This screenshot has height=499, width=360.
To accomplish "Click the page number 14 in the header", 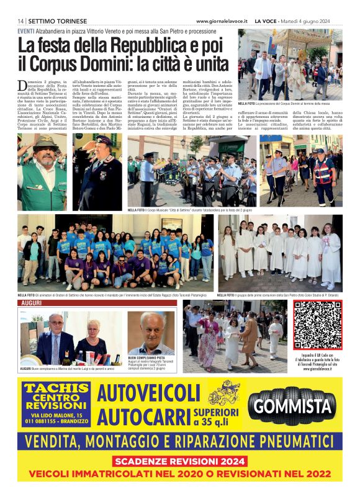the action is point(20,21).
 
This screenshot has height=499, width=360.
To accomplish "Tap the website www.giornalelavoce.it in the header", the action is point(221,21).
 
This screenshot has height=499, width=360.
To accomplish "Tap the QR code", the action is point(317,325).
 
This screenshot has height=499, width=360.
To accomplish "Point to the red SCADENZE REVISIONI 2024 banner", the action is point(180,462).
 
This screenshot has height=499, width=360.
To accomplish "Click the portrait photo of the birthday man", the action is point(151,333).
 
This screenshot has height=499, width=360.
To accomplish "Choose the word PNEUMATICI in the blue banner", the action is point(290,441).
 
